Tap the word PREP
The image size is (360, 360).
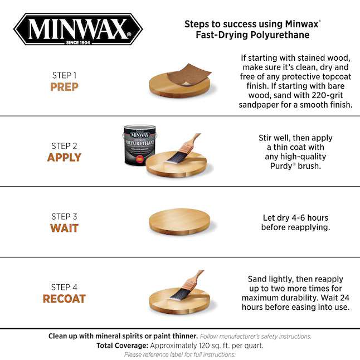click(x=64, y=87)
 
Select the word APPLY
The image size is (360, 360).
click(x=64, y=158)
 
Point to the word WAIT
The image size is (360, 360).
click(x=64, y=228)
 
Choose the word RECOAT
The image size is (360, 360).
click(x=64, y=299)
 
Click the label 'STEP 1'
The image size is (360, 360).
click(x=64, y=75)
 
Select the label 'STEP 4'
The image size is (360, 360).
click(x=64, y=287)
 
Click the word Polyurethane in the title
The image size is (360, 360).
click(x=276, y=35)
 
